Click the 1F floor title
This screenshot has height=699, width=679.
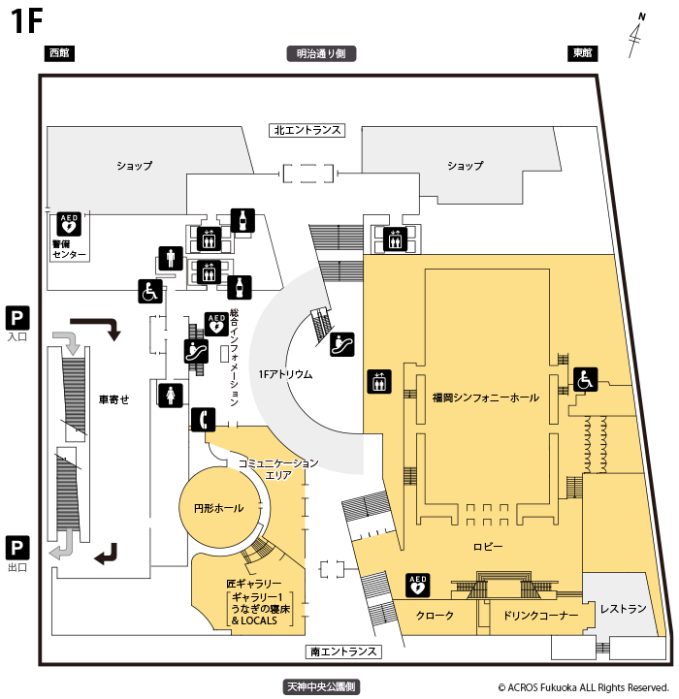click(27, 21)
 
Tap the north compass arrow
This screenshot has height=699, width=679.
click(637, 35)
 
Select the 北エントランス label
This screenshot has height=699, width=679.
click(307, 130)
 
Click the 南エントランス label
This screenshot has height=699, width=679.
click(342, 651)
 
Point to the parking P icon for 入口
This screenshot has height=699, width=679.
click(17, 317)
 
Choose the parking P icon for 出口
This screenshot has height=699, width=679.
click(17, 547)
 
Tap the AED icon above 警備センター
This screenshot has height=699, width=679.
click(69, 225)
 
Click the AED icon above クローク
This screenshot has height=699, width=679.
click(417, 586)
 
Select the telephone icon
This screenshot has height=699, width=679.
click(202, 419)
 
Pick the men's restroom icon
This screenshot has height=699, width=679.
click(171, 259)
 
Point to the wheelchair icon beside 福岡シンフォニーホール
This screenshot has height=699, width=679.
click(585, 380)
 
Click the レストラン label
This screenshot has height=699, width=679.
click(623, 609)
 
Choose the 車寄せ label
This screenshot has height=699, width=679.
click(113, 398)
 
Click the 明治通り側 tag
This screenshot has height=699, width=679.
click(321, 54)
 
